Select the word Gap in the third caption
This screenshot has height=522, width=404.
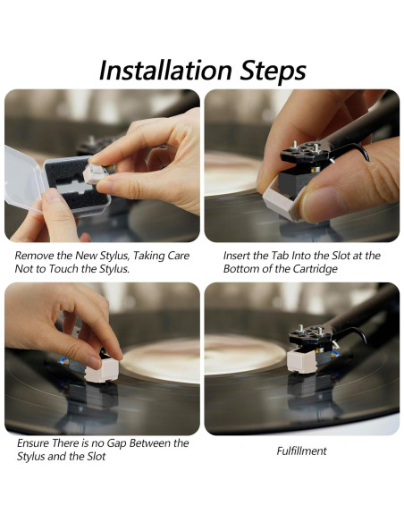(128, 442)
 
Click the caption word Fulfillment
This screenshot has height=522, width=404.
(301, 450)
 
